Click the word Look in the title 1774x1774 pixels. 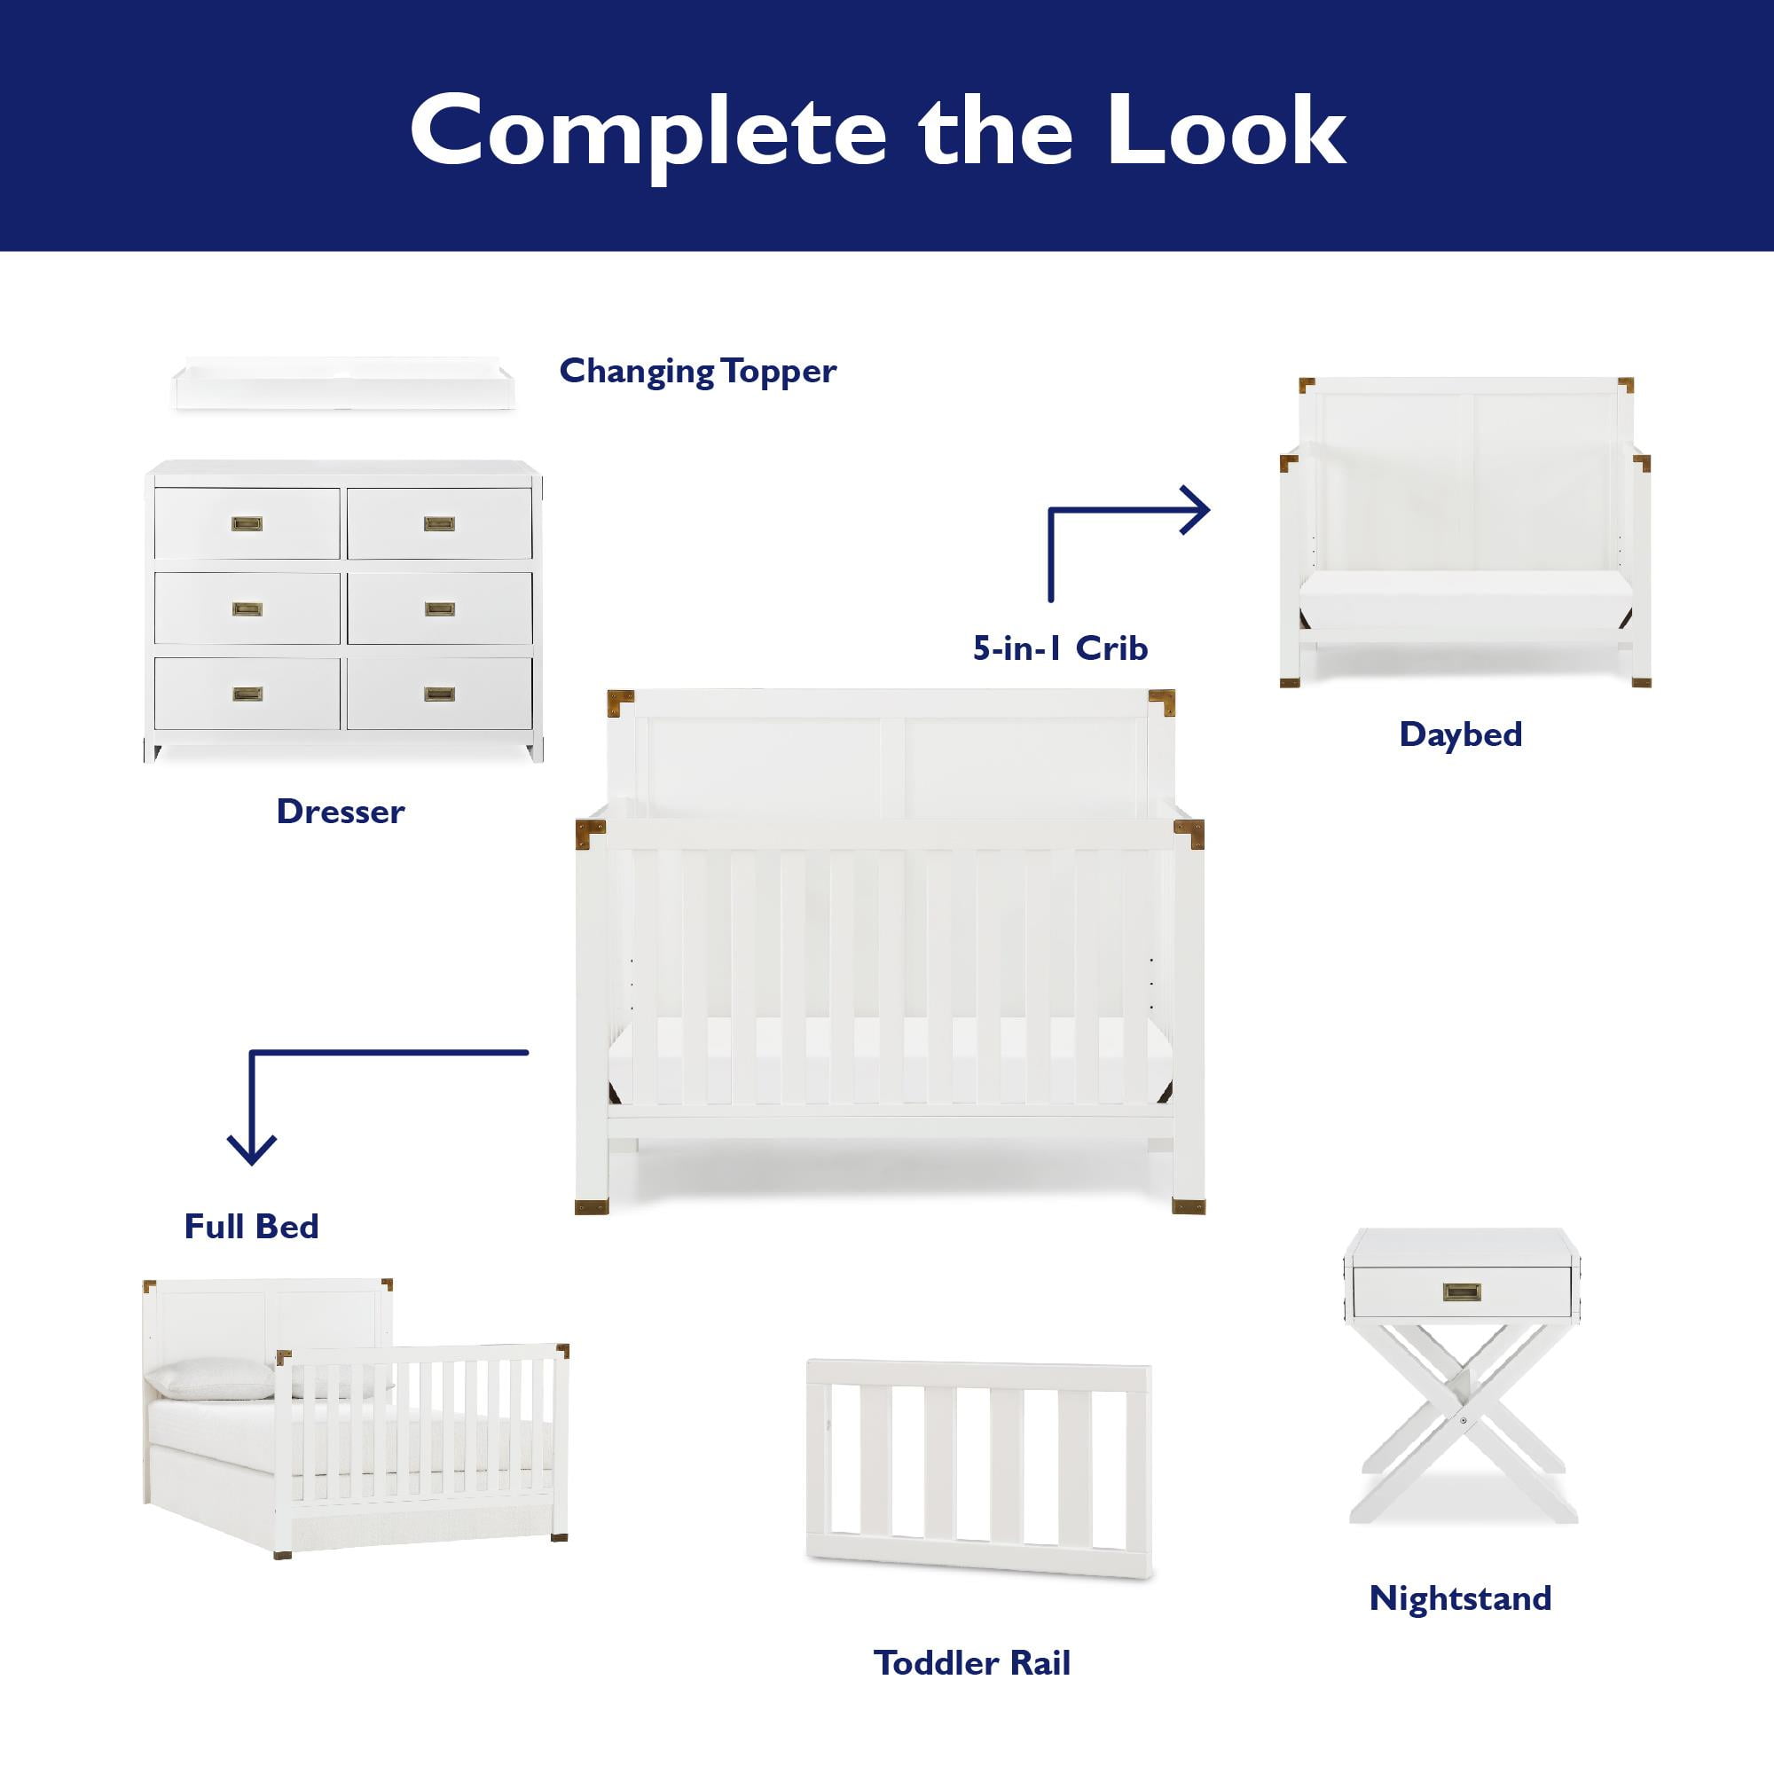[1226, 131]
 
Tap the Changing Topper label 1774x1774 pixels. [698, 372]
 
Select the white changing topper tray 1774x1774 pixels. [344, 383]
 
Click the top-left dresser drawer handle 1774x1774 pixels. [246, 524]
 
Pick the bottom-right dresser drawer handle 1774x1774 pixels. [440, 695]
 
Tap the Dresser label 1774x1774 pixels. [341, 812]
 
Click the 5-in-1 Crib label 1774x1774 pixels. [1061, 648]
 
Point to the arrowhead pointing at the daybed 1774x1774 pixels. [1197, 511]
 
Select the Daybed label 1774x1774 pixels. [1461, 734]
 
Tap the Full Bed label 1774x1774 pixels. [252, 1227]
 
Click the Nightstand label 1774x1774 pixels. [1460, 1598]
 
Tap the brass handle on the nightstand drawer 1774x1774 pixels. [1461, 1293]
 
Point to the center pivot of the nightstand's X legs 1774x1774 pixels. [1462, 1421]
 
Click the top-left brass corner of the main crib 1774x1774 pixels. [621, 703]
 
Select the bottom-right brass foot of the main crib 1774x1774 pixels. [1189, 1206]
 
